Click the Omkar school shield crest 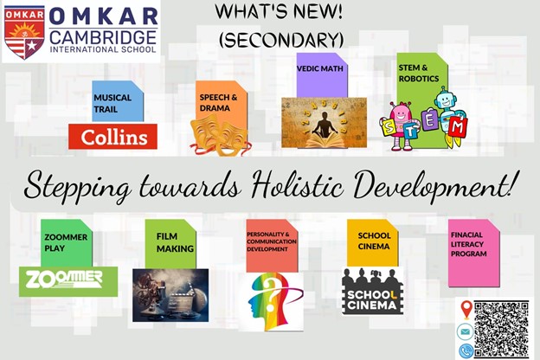click(24, 32)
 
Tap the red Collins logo click(112, 137)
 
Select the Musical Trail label click(112, 103)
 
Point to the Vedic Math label click(320, 68)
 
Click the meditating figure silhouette click(323, 124)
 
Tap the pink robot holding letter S click(400, 125)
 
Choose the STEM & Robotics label click(419, 73)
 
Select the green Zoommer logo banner click(68, 281)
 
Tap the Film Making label click(175, 242)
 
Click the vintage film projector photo click(170, 295)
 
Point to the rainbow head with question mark click(272, 302)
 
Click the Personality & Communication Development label click(272, 241)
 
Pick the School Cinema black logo click(372, 292)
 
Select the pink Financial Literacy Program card click(474, 253)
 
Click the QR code click(501, 329)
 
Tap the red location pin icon click(466, 310)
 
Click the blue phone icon click(466, 350)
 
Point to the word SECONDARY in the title click(281, 41)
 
